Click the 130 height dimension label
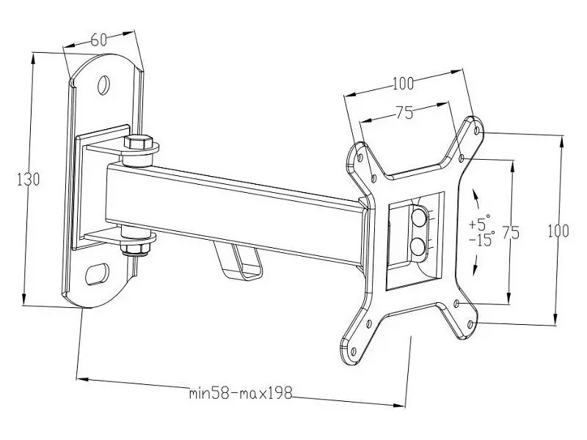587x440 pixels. (29, 180)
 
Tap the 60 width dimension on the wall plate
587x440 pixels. (98, 40)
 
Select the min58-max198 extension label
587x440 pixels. (241, 393)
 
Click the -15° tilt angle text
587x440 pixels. (482, 238)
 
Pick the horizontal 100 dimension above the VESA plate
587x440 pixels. (403, 83)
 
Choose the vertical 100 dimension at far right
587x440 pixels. (558, 231)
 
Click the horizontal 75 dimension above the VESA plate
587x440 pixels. (405, 112)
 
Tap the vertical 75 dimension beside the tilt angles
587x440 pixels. (511, 232)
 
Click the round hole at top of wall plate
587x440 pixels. (103, 85)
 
